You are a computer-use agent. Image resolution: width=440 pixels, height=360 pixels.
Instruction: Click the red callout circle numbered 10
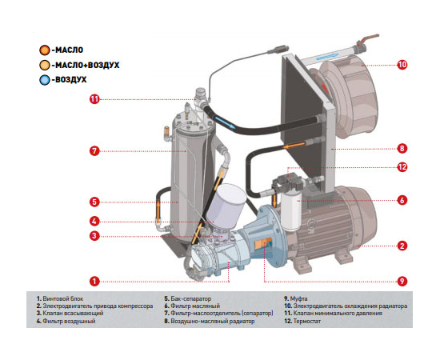pos(402,65)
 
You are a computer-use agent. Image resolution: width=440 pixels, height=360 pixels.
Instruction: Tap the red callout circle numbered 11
pos(94,99)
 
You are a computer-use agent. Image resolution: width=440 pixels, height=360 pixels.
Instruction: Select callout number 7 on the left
pos(94,151)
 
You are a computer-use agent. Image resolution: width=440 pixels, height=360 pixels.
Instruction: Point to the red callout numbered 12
pos(402,167)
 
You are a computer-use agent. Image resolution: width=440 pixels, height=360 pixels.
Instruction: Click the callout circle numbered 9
pos(402,281)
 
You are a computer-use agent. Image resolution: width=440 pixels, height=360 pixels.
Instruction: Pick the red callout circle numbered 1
pos(94,281)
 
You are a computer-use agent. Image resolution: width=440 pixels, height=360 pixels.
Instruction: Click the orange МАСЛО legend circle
pos(44,50)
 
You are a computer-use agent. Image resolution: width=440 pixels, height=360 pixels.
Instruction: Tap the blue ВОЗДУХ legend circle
pos(44,80)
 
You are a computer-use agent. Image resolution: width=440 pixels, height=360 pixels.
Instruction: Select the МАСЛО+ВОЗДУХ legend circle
pos(44,65)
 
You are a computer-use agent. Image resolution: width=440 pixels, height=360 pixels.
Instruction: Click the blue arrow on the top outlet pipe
pos(327,57)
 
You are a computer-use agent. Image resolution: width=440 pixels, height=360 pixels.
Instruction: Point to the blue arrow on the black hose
pos(225,123)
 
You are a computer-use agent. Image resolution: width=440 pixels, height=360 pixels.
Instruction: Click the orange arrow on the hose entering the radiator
pos(294,146)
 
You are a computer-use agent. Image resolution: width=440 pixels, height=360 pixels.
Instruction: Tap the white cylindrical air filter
pos(226,202)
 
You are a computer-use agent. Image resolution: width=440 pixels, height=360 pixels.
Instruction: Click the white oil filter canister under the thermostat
pos(291,212)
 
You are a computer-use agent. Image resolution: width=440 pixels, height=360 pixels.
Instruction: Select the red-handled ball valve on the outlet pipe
pos(367,42)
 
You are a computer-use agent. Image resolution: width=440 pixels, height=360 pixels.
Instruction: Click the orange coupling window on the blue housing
pos(263,243)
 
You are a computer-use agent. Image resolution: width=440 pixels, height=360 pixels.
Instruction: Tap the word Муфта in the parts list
pos(298,298)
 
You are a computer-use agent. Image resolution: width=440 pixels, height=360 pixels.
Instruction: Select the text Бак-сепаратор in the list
pos(191,298)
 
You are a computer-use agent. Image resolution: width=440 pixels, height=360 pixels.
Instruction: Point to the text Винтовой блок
pos(63,298)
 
